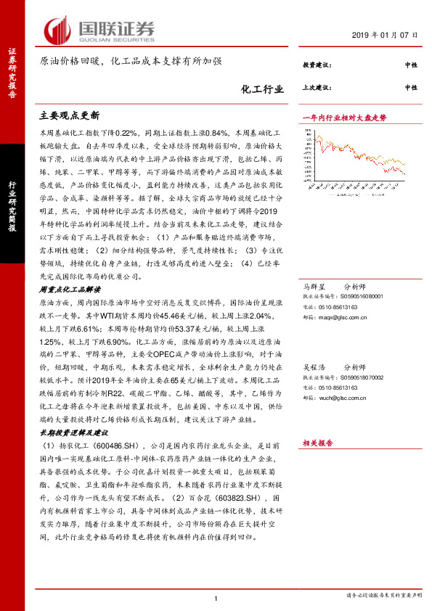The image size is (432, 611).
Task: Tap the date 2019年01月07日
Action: coord(385,36)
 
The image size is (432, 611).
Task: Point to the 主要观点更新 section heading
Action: coord(69,115)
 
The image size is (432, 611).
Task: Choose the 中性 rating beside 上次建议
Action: coord(410,88)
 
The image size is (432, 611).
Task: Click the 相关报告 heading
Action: coord(317,443)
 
